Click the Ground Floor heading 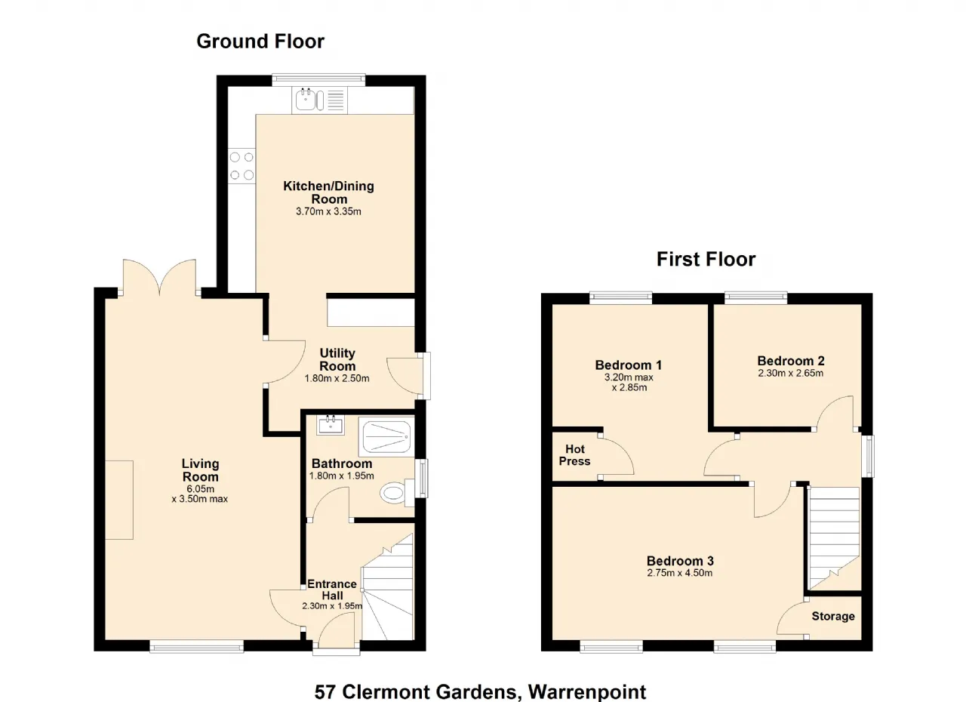point(260,42)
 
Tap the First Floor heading point(706,260)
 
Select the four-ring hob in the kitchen point(241,166)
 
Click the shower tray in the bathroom point(386,436)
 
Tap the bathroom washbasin point(331,425)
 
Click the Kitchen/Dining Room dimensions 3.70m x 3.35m point(328,211)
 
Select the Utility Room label point(337,359)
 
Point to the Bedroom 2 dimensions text point(790,373)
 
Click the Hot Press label point(574,455)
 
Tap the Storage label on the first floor point(833,616)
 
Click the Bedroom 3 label point(680,561)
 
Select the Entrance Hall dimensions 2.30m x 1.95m point(332,606)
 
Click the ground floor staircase point(387,587)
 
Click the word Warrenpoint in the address point(587,692)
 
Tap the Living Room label point(200,470)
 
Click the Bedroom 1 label point(629,365)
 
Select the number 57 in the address point(325,692)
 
